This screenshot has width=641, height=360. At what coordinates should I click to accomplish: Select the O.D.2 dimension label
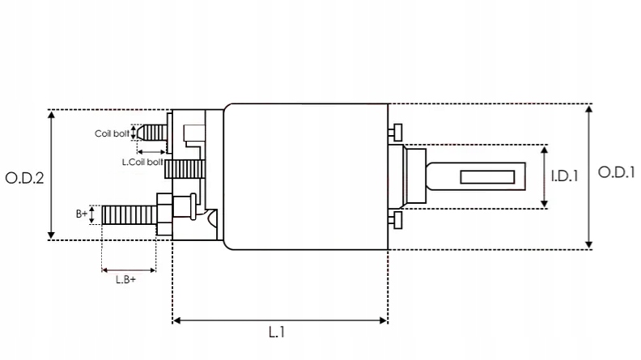click(x=23, y=178)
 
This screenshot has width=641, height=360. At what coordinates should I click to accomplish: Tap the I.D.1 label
click(x=564, y=176)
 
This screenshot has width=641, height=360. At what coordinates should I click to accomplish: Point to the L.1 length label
click(x=277, y=332)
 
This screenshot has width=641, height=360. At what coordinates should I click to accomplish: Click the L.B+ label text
click(x=125, y=279)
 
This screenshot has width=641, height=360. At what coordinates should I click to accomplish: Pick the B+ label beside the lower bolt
click(x=82, y=214)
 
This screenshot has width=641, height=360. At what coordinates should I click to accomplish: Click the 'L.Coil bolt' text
click(x=142, y=162)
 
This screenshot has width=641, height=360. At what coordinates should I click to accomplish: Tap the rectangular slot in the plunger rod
click(x=489, y=176)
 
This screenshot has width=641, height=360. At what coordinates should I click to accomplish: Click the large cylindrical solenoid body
click(x=306, y=176)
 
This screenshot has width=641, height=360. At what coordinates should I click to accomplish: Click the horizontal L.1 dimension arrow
click(x=280, y=320)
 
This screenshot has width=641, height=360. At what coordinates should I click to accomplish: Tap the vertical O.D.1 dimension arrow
click(x=589, y=176)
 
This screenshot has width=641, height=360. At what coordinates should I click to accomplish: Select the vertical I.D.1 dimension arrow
click(x=545, y=176)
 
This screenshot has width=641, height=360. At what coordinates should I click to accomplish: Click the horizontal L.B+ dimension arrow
click(x=129, y=268)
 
